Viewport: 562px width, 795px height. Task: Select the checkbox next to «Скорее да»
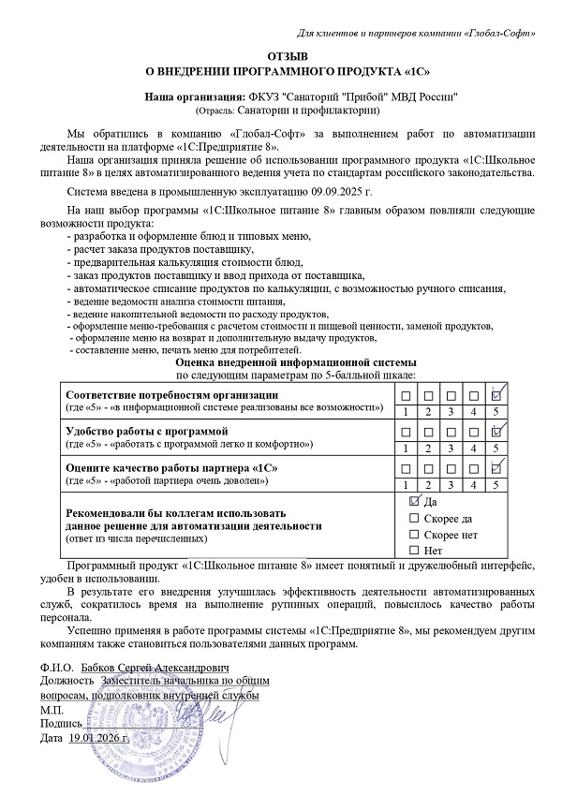click(x=414, y=518)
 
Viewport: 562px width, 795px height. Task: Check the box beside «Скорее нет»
click(x=414, y=534)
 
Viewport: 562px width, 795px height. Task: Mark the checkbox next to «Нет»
click(x=414, y=550)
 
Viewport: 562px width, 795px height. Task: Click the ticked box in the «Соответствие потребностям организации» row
click(x=497, y=395)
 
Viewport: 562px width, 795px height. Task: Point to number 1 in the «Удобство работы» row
click(x=405, y=448)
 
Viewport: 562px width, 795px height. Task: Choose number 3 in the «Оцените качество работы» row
click(x=451, y=483)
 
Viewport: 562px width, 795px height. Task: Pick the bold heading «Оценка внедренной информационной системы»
click(x=290, y=361)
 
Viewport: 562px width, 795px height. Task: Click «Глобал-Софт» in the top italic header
click(x=498, y=35)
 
